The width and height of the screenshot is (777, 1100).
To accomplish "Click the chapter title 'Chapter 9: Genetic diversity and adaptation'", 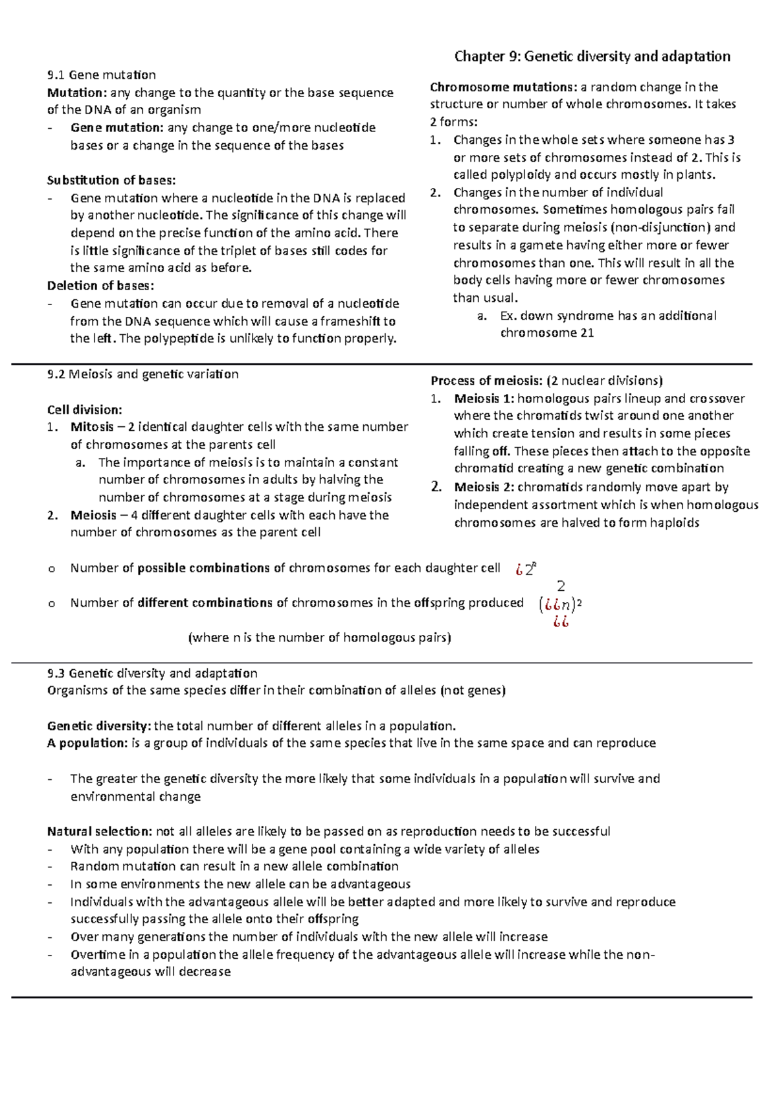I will pyautogui.click(x=592, y=56).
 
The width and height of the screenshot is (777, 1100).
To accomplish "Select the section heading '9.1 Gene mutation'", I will pyautogui.click(x=102, y=75).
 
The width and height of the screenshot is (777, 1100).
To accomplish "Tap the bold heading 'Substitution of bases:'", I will pyautogui.click(x=111, y=180).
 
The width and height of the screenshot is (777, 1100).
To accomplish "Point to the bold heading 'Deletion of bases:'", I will pyautogui.click(x=101, y=286).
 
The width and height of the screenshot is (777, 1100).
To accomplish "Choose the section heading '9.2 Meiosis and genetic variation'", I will pyautogui.click(x=143, y=374).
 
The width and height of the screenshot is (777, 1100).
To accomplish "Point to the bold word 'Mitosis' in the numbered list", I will pyautogui.click(x=92, y=427).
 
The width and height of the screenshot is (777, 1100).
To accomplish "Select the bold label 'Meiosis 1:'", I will pyautogui.click(x=484, y=398).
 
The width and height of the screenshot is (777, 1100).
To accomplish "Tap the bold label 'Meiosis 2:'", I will pyautogui.click(x=484, y=487).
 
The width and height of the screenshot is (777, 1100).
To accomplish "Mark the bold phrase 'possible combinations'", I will pyautogui.click(x=203, y=568).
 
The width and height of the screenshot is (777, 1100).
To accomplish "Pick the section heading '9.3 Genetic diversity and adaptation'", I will pyautogui.click(x=152, y=673).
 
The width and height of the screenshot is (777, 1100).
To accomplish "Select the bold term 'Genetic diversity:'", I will pyautogui.click(x=99, y=726).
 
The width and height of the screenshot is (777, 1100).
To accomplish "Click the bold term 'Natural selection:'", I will pyautogui.click(x=100, y=832).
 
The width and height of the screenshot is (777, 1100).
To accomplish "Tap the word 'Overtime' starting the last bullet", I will pyautogui.click(x=98, y=955).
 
